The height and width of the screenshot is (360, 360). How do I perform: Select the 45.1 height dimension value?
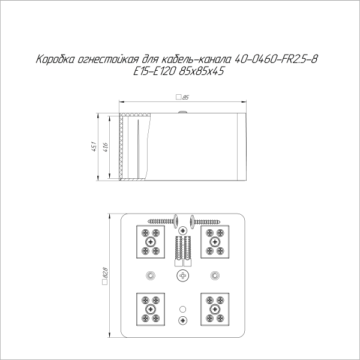pyautogui.click(x=94, y=146)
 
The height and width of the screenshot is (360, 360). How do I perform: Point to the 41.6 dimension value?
pyautogui.click(x=106, y=146)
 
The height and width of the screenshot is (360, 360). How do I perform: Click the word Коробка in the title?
pyautogui.click(x=56, y=60)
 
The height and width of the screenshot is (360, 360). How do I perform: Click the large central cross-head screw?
pyautogui.click(x=183, y=275)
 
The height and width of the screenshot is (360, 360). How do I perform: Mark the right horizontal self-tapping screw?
pyautogui.click(x=210, y=220)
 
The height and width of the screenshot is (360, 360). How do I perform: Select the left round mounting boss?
pyautogui.click(x=151, y=275)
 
